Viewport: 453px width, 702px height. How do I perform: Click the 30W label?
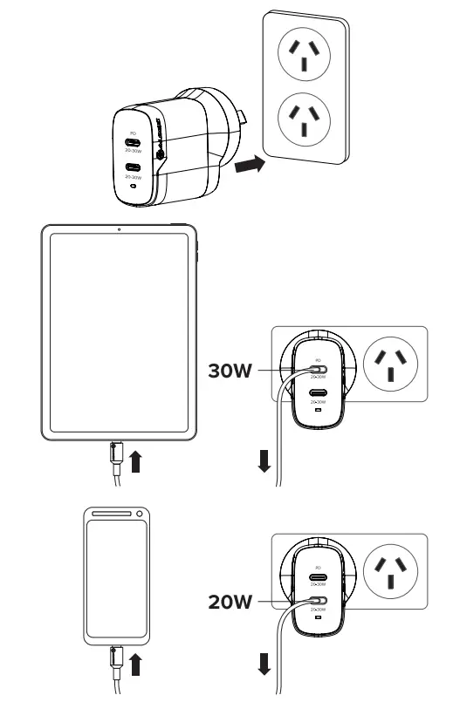[229, 371]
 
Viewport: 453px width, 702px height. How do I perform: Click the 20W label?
[229, 601]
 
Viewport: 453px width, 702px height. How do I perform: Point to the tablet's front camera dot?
[119, 230]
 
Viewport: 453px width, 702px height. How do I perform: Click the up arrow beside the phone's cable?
[135, 667]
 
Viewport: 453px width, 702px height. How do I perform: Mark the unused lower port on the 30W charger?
[319, 392]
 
